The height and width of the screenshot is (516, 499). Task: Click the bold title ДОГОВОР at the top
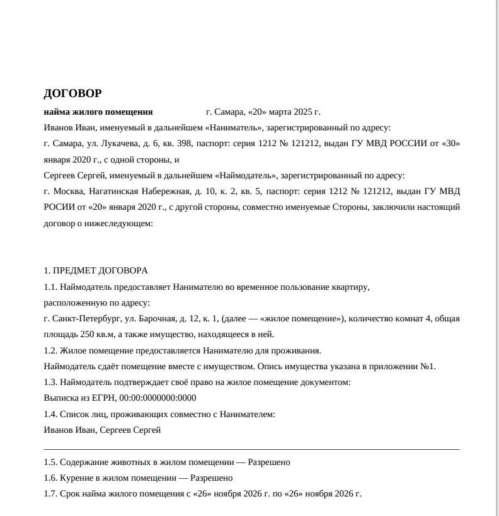tap(72, 94)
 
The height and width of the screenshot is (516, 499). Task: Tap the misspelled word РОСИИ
tap(58, 207)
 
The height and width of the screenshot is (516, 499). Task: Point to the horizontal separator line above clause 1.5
tap(252, 449)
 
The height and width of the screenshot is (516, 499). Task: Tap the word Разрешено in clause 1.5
tap(269, 462)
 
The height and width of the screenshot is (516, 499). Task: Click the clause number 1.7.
tap(50, 494)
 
